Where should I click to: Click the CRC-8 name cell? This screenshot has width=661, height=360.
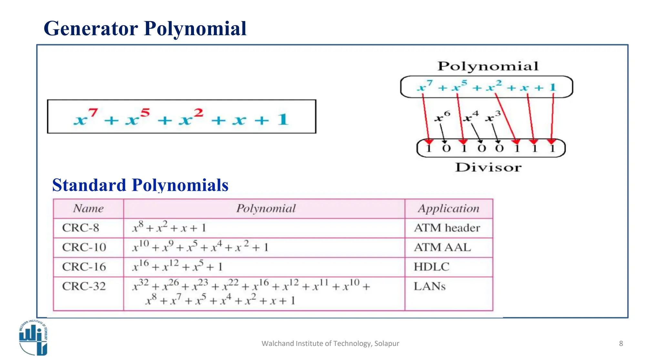pyautogui.click(x=81, y=228)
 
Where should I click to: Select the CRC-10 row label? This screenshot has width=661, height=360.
pyautogui.click(x=84, y=247)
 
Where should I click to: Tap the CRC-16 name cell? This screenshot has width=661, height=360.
pyautogui.click(x=84, y=267)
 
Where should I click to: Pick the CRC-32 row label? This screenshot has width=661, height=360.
pyautogui.click(x=84, y=286)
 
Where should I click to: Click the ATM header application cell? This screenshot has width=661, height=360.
pyautogui.click(x=447, y=228)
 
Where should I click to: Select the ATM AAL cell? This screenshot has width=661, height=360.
pyautogui.click(x=442, y=247)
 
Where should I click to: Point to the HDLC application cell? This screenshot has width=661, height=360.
pyautogui.click(x=432, y=267)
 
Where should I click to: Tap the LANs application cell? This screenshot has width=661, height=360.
pyautogui.click(x=430, y=286)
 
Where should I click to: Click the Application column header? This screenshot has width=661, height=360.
pyautogui.click(x=449, y=209)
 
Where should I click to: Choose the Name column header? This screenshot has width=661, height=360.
pyautogui.click(x=88, y=209)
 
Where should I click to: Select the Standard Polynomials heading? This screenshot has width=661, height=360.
pyautogui.click(x=140, y=185)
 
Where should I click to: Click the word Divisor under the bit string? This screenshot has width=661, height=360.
pyautogui.click(x=488, y=168)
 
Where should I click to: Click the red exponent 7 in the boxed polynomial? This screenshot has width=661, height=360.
pyautogui.click(x=93, y=113)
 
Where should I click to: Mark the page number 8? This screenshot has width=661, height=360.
pyautogui.click(x=621, y=344)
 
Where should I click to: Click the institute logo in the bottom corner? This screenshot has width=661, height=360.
pyautogui.click(x=33, y=337)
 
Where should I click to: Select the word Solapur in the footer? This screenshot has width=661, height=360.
pyautogui.click(x=387, y=344)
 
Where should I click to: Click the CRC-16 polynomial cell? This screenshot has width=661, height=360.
pyautogui.click(x=178, y=267)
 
